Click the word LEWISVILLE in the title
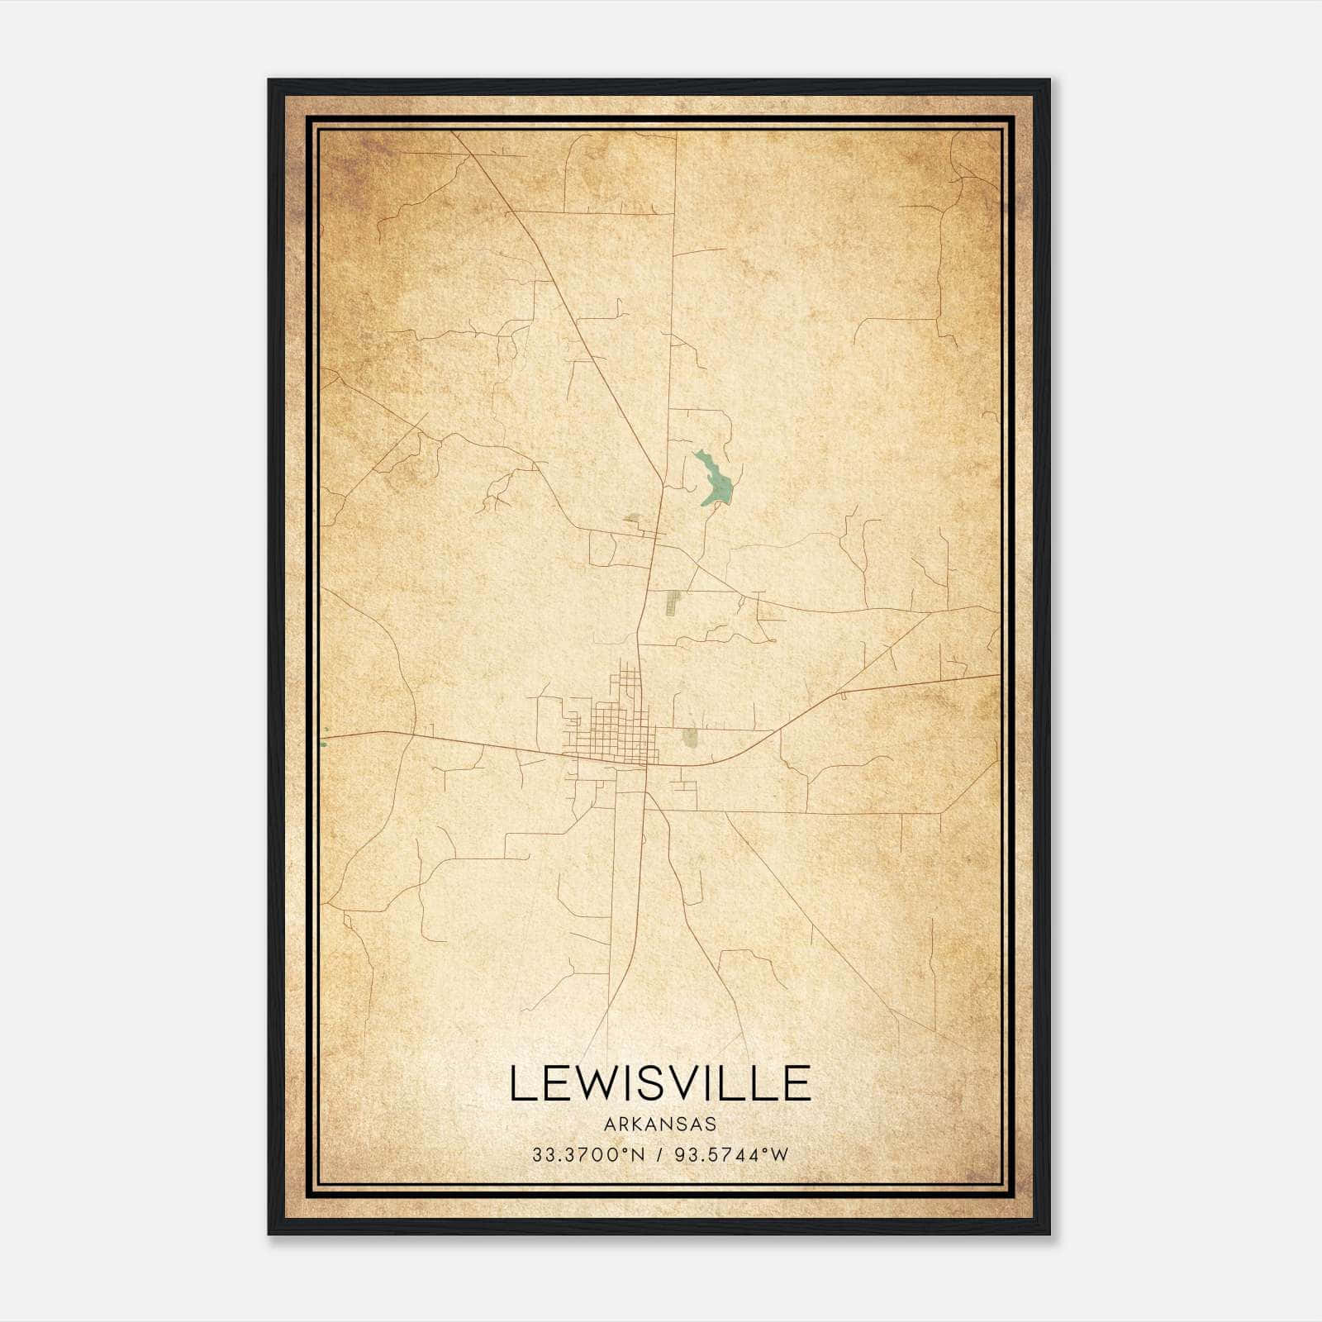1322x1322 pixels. [x=660, y=1084]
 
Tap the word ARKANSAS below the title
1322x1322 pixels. [x=659, y=1125]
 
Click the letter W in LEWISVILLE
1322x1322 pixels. [x=602, y=1084]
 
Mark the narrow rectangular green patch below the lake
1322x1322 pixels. [x=671, y=604]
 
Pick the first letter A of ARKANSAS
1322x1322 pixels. [x=609, y=1125]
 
